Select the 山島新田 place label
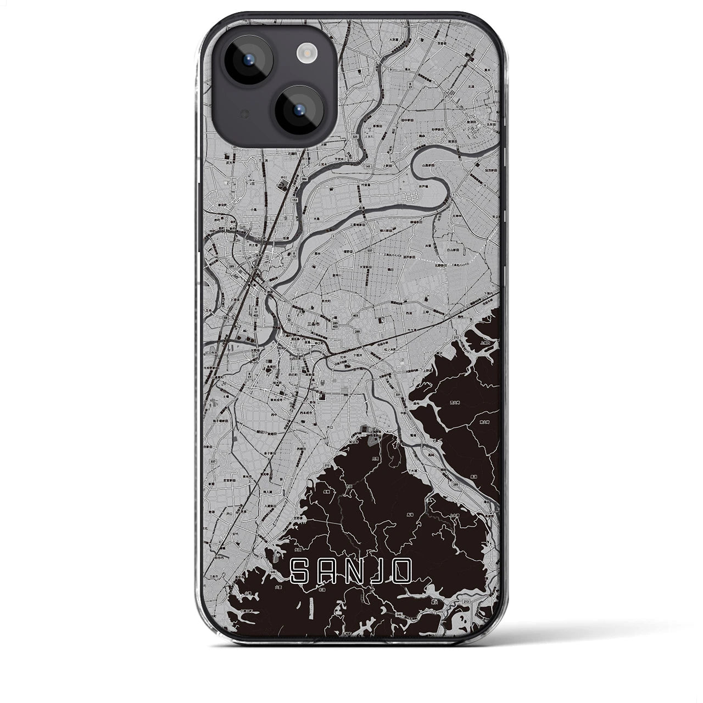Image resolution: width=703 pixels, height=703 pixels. coord(428,165)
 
